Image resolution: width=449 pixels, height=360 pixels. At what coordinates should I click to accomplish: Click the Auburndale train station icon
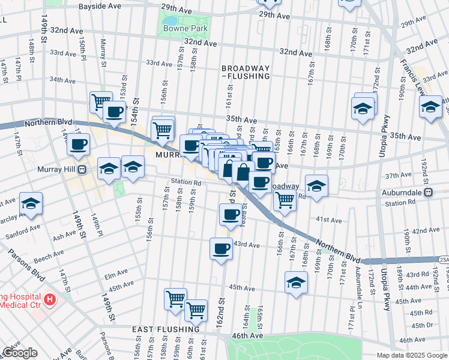click(429, 193)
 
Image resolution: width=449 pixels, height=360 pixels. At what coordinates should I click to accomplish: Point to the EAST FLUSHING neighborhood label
click(166, 329)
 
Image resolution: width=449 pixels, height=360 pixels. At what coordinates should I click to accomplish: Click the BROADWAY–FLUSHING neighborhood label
click(245, 73)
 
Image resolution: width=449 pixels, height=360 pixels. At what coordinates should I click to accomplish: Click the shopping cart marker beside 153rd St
click(101, 101)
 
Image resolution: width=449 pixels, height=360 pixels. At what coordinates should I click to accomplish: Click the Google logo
click(20, 353)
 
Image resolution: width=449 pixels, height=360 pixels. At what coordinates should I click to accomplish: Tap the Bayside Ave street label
click(100, 5)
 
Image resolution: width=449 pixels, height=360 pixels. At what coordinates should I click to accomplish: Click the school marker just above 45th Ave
click(295, 282)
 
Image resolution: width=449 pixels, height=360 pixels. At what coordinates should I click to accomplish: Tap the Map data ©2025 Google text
click(411, 355)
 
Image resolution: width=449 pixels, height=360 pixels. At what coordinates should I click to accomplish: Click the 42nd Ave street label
click(426, 230)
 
